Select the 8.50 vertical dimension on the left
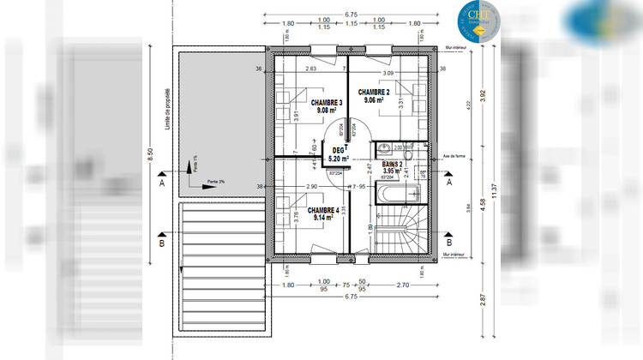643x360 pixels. [151, 154]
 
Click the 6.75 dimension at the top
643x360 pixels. [351, 15]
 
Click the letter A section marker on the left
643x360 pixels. [161, 183]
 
